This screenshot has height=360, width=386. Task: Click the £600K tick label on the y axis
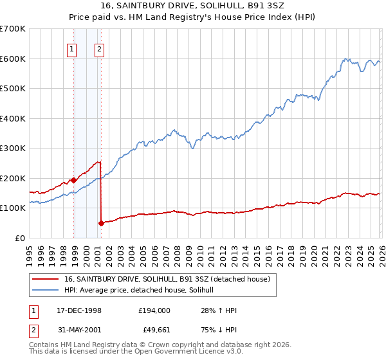[13, 59]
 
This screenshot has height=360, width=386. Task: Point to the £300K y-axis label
[13, 148]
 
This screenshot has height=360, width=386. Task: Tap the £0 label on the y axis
[21, 238]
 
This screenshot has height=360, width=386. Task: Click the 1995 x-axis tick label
[30, 251]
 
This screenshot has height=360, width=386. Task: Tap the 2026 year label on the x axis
[379, 251]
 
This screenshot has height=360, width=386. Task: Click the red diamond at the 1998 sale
[73, 180]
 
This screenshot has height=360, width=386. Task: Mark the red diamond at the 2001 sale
[101, 223]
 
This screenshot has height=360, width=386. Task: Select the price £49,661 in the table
[154, 331]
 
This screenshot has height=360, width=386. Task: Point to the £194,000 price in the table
[154, 310]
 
